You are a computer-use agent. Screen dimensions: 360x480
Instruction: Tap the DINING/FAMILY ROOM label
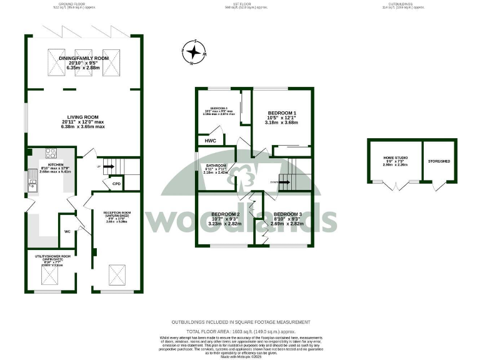click(x=84, y=58)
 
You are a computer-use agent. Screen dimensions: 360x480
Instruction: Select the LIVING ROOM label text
click(x=83, y=117)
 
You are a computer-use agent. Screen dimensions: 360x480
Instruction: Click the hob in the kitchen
click(x=50, y=153)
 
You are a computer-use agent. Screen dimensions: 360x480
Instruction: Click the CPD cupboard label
click(x=116, y=184)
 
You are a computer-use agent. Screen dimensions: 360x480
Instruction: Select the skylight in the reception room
click(x=116, y=272)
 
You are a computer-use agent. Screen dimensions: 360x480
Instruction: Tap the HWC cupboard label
click(x=211, y=141)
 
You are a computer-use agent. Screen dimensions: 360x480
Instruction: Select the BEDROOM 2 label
click(x=226, y=214)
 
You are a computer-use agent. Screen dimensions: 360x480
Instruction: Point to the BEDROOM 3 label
click(x=288, y=214)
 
